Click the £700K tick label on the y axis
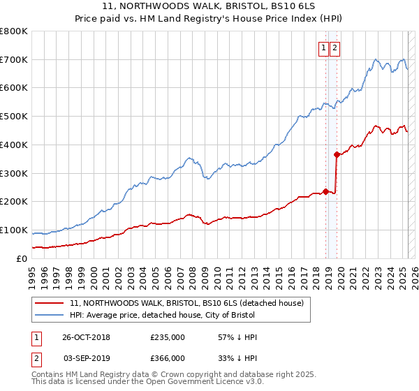click(14, 60)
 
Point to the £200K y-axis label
click(14, 202)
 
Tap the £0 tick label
click(21, 258)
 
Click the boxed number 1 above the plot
click(324, 48)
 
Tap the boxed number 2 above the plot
click(335, 48)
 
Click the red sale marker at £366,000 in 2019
click(337, 154)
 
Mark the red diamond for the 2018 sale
click(325, 192)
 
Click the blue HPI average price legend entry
click(166, 315)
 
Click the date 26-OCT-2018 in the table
click(86, 337)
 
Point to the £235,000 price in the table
click(168, 337)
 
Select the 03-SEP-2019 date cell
click(86, 358)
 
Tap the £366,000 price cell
click(168, 358)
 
